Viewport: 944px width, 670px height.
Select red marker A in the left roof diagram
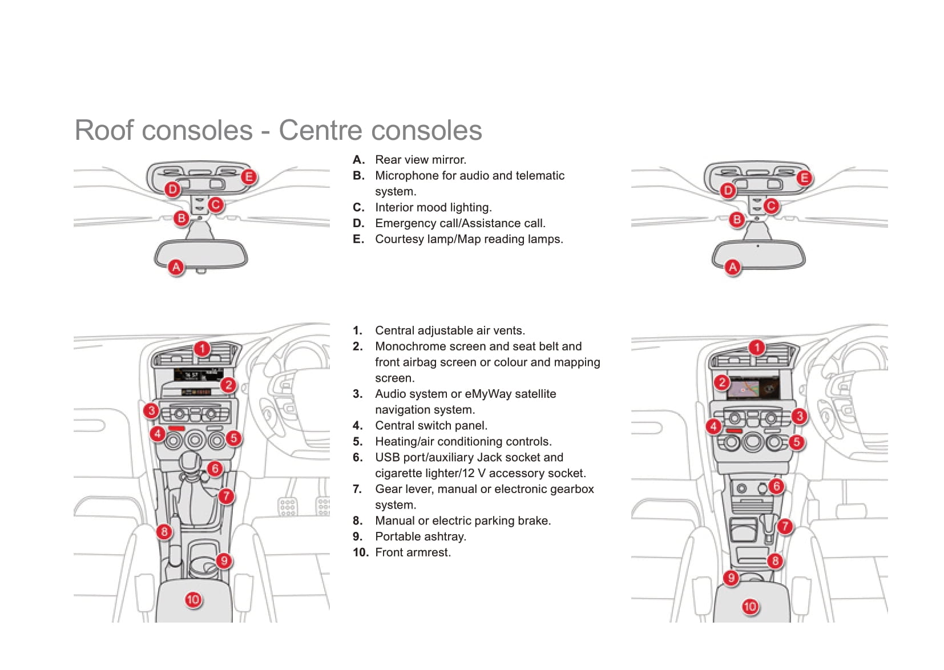click(176, 267)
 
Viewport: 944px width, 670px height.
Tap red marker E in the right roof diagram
click(804, 178)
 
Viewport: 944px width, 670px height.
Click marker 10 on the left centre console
click(193, 599)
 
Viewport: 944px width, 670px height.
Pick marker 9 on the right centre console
click(731, 578)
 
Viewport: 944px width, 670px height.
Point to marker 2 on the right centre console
click(722, 382)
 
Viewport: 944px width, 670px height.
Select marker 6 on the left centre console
click(215, 469)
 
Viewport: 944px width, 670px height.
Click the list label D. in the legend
click(358, 223)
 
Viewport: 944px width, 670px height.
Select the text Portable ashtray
click(420, 536)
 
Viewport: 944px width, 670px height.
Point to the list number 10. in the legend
click(360, 552)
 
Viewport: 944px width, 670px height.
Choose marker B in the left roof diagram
click(181, 218)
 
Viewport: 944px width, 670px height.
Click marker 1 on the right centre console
click(757, 348)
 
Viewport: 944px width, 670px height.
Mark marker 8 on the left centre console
click(164, 532)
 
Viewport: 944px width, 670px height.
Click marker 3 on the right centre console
click(799, 416)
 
